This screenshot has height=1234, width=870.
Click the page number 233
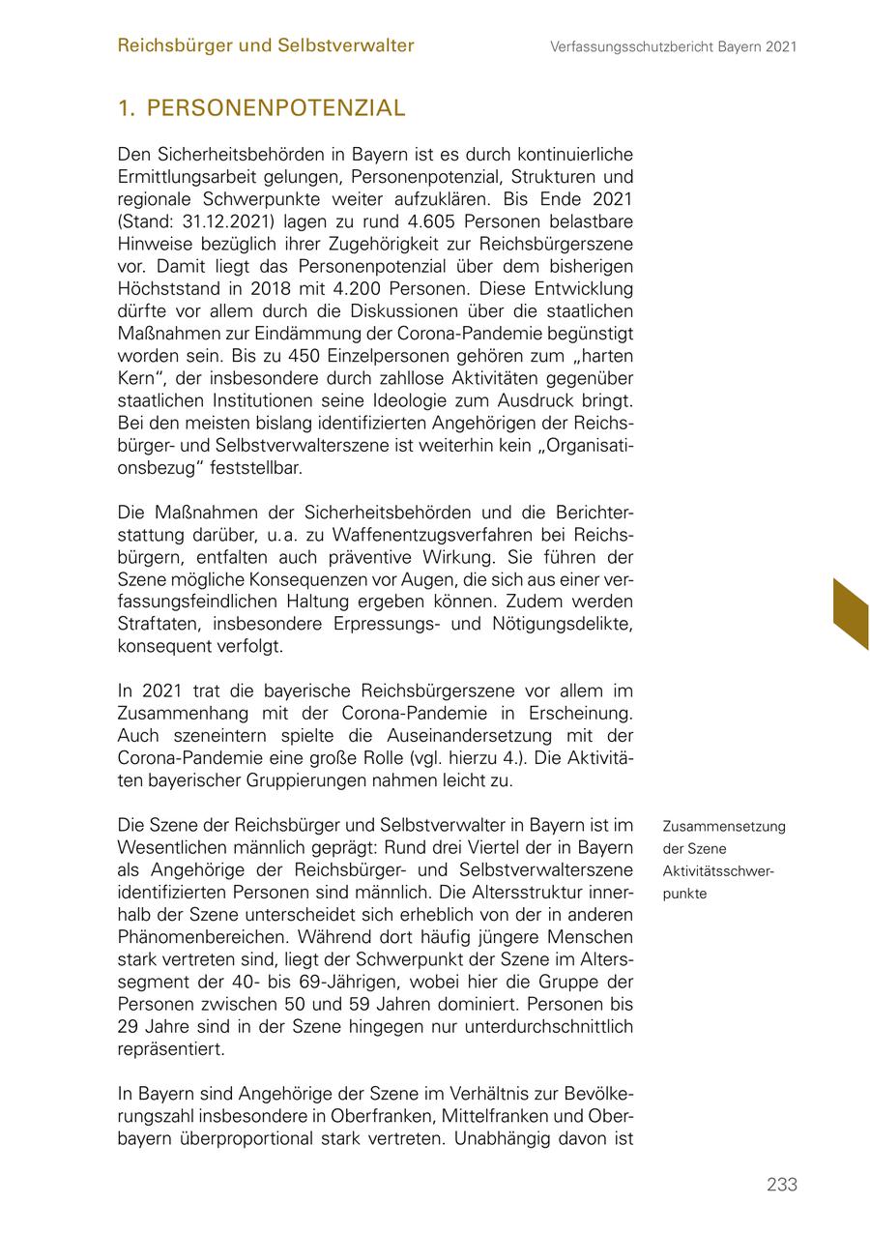point(781,1185)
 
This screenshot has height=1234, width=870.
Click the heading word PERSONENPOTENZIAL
point(275,108)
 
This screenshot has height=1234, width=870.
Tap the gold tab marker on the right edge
point(851,614)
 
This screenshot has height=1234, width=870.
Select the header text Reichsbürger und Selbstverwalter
point(266,45)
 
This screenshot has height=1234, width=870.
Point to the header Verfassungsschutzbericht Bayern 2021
point(673,46)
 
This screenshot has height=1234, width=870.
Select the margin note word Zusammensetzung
point(724,827)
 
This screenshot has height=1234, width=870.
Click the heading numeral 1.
point(125,108)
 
